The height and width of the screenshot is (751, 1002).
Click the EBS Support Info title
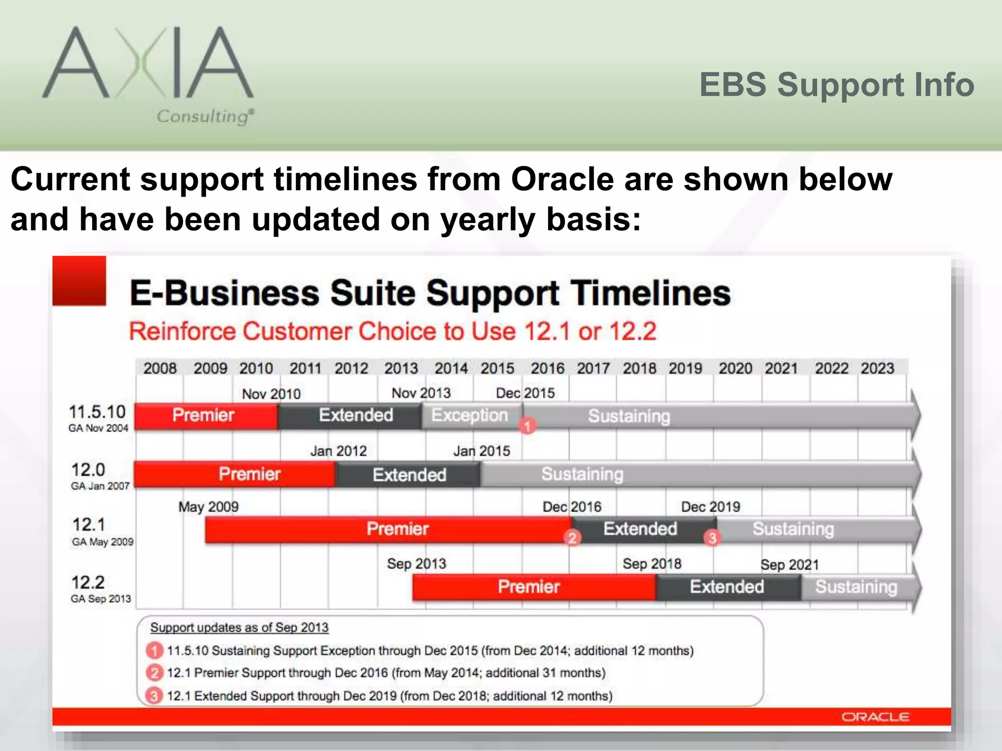836,85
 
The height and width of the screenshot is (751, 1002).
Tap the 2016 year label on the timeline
547,368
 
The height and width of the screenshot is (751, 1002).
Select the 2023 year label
877,368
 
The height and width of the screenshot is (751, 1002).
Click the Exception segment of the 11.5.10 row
469,416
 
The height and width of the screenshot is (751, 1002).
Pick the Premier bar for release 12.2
528,587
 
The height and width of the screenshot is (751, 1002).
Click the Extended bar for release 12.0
409,475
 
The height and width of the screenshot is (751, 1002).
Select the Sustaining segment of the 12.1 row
793,529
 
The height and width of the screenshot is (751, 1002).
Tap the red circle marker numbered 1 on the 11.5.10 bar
527,426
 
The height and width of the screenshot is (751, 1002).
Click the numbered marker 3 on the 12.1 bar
712,538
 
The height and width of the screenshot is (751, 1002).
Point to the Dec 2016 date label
571,507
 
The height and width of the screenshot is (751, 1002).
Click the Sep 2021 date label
789,565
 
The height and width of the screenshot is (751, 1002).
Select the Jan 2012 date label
338,451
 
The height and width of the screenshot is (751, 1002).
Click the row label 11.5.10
97,412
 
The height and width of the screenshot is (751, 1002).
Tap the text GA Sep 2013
101,599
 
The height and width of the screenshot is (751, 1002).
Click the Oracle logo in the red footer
875,717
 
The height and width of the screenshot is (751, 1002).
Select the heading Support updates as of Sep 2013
239,627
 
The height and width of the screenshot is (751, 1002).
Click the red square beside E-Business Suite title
79,281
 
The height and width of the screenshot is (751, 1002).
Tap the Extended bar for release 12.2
727,587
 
